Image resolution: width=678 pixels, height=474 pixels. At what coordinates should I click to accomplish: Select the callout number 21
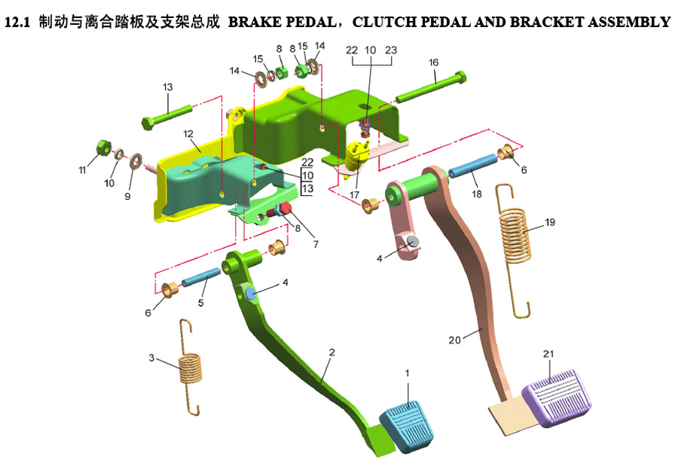click(x=549, y=354)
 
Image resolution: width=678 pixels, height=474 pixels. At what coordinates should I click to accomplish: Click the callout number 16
click(x=434, y=63)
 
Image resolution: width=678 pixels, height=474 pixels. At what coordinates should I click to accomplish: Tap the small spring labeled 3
click(x=189, y=367)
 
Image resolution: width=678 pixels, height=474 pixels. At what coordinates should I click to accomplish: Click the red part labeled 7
click(x=287, y=219)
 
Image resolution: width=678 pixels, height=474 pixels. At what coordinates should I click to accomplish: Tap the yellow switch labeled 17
click(x=358, y=154)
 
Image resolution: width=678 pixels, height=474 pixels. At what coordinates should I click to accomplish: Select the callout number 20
click(x=454, y=340)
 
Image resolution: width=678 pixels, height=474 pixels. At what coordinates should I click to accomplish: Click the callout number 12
click(x=188, y=133)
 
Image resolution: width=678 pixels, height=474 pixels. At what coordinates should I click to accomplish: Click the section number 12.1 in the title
click(x=16, y=23)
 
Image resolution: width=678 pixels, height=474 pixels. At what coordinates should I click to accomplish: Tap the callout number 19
click(x=550, y=223)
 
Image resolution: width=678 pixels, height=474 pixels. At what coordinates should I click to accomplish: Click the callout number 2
click(x=331, y=352)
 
